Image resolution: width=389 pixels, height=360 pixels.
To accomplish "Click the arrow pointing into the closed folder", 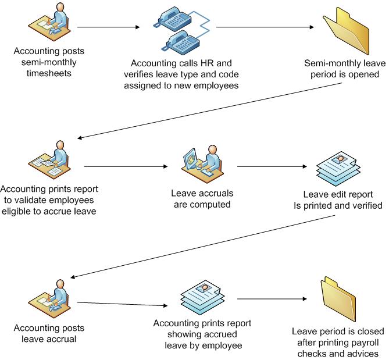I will click(x=272, y=300).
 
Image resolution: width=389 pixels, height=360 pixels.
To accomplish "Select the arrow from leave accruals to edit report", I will click(x=272, y=166).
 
